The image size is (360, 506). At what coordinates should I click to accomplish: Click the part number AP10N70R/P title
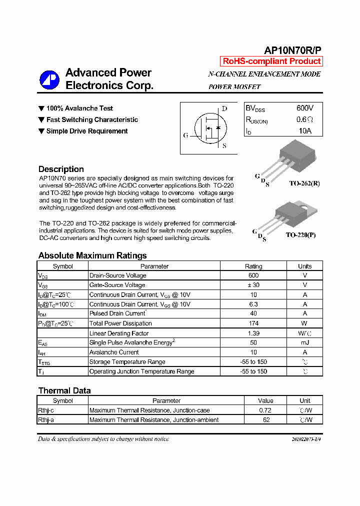click(292, 50)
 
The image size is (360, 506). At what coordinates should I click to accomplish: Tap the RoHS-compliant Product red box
click(271, 61)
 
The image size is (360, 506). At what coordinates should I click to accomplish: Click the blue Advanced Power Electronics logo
click(49, 79)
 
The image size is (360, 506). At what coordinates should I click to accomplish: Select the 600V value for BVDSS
click(304, 108)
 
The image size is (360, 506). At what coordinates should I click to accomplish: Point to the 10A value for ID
click(304, 130)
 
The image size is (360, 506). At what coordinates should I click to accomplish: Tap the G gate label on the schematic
click(186, 135)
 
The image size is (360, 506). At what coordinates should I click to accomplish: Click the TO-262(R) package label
click(304, 183)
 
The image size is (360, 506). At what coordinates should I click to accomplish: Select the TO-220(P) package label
click(300, 235)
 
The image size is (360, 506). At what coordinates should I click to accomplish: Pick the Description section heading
click(61, 169)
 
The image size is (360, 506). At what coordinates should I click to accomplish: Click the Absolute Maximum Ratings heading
click(92, 255)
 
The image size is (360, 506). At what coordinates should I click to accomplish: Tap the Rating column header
click(253, 266)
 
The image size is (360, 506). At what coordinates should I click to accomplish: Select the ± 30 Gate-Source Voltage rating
click(253, 285)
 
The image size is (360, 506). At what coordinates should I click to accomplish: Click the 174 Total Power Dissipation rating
click(253, 323)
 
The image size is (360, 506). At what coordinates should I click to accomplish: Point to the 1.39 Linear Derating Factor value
click(253, 333)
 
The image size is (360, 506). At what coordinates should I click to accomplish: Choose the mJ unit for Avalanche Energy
click(304, 342)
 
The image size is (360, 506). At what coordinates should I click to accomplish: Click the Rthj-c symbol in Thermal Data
click(46, 410)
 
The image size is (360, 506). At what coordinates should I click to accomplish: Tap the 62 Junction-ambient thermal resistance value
click(266, 420)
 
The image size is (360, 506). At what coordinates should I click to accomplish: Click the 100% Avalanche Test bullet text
click(79, 108)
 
